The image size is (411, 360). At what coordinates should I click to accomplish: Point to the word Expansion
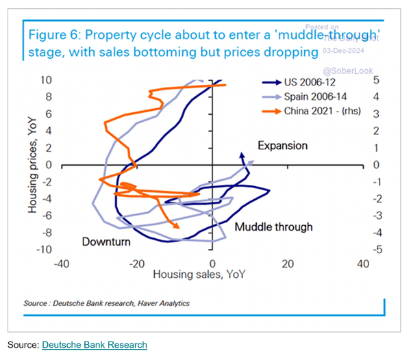[283, 145]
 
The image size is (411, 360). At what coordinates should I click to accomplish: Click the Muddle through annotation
[273, 227]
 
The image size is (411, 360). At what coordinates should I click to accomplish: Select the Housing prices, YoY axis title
[33, 164]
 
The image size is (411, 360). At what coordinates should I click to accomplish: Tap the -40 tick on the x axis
[62, 263]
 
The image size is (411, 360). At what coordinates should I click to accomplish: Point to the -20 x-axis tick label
[137, 263]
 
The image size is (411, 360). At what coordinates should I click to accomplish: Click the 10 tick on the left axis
[47, 80]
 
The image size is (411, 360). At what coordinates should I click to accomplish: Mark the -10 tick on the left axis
[45, 250]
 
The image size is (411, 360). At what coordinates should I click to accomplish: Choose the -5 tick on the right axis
[377, 250]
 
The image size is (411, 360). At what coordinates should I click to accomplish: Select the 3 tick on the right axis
[377, 114]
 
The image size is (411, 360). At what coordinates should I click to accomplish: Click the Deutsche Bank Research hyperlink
[95, 344]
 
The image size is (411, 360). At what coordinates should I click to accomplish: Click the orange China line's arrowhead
[177, 226]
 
